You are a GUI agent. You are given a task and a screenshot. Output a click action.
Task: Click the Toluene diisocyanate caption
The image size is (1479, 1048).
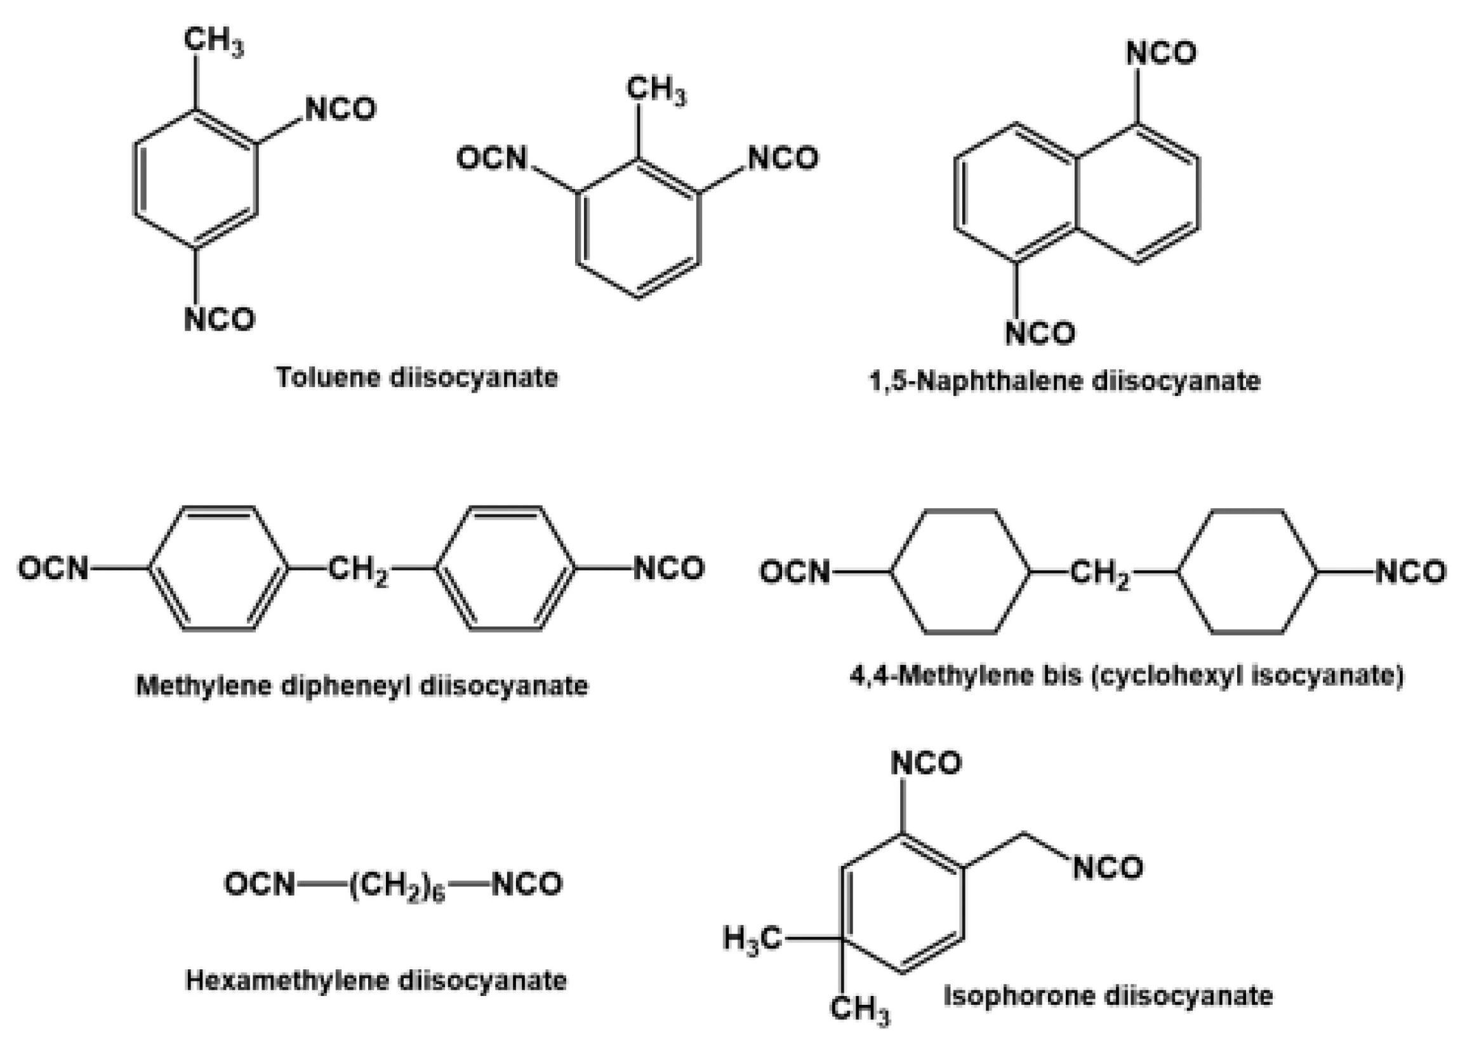(x=417, y=377)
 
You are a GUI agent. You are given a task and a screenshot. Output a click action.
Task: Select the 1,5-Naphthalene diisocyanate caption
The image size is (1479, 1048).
(x=1064, y=381)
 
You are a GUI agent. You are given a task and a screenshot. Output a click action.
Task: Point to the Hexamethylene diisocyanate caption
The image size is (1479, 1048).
(x=376, y=980)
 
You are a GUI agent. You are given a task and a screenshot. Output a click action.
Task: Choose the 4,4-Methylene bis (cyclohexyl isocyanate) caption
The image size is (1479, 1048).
(x=1127, y=676)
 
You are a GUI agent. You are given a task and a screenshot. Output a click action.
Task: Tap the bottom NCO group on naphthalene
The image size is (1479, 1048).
(x=1040, y=334)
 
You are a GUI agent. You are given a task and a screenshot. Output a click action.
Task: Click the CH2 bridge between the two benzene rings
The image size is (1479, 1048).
(x=359, y=570)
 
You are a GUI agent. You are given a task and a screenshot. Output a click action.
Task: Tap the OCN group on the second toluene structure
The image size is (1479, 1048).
(x=492, y=159)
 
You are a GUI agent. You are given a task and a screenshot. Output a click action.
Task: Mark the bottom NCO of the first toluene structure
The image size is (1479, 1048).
(x=220, y=320)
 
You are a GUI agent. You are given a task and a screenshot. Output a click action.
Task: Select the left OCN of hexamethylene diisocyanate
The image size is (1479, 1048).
(x=260, y=884)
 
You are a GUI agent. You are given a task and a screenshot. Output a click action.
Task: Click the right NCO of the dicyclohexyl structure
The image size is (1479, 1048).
(x=1410, y=572)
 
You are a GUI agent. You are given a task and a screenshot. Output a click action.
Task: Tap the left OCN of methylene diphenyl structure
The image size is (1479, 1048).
(x=53, y=569)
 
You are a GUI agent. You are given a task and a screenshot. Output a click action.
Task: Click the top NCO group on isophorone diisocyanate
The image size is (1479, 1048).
(x=925, y=764)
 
